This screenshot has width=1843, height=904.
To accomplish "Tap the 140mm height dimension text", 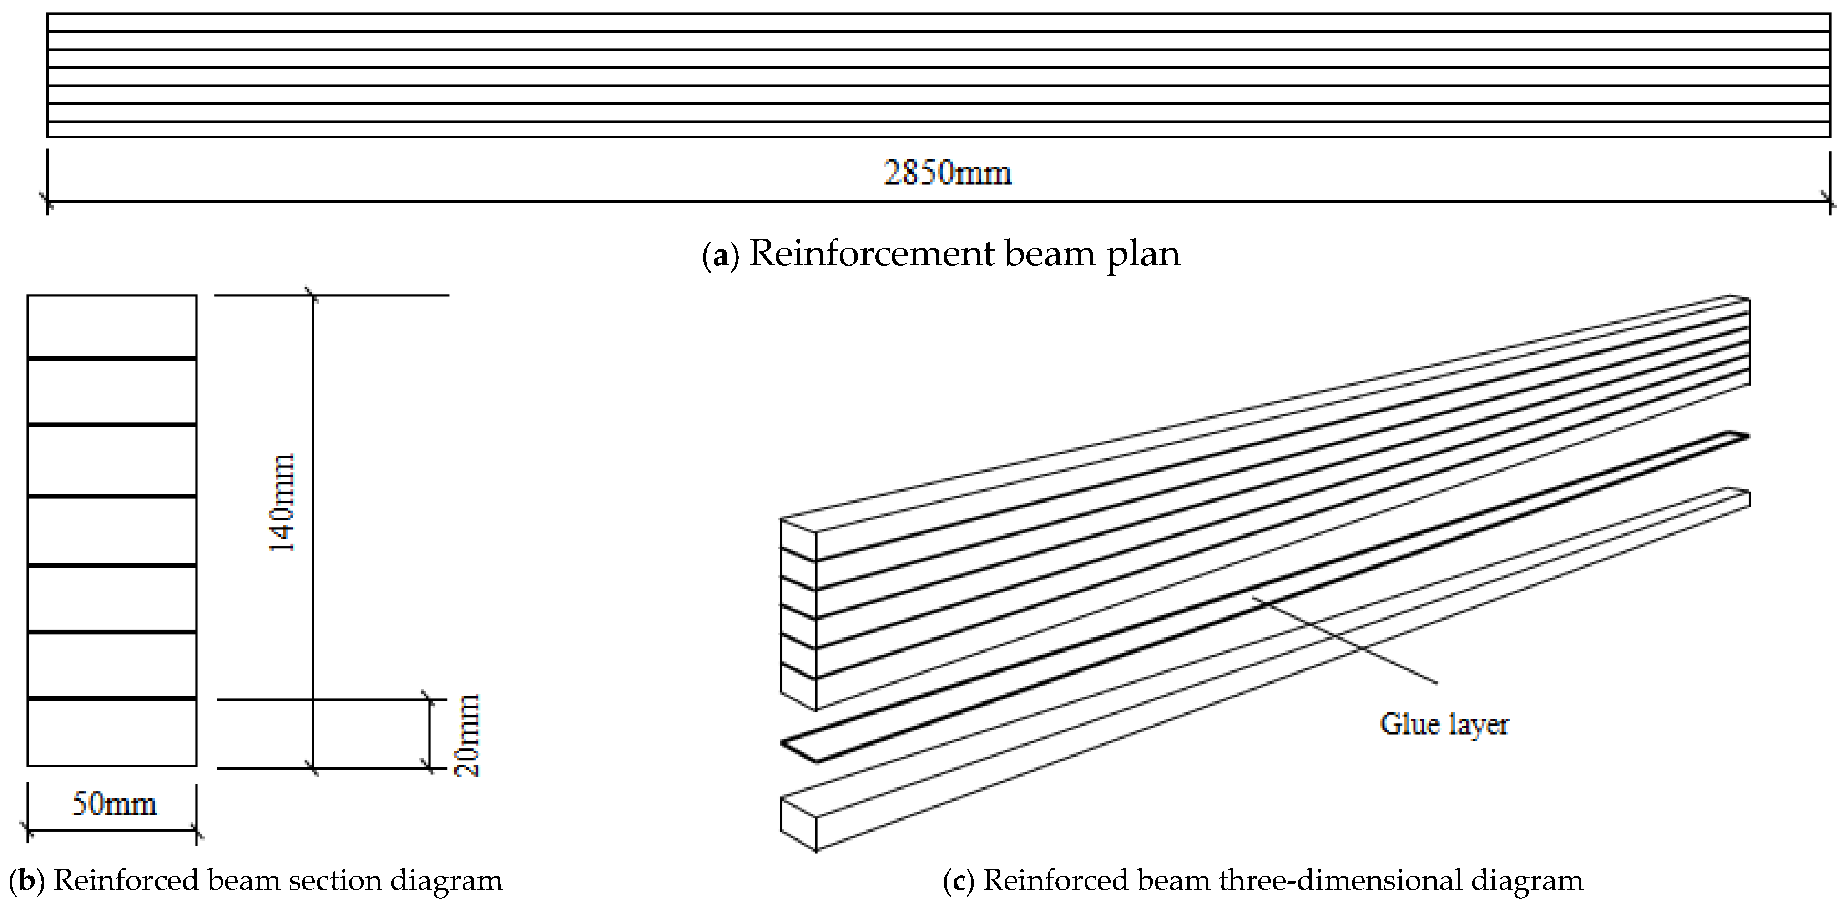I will click(281, 503).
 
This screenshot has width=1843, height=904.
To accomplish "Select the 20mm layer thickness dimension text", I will click(467, 735).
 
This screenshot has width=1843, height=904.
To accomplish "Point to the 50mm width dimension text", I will click(114, 804).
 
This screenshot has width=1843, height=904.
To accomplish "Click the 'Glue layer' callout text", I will click(1444, 724).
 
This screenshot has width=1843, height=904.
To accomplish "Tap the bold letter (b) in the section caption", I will click(26, 880).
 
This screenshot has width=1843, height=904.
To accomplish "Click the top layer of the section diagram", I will click(111, 326).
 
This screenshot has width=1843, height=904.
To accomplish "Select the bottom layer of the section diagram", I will click(111, 732).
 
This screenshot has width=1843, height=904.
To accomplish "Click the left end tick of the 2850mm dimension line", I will click(47, 201).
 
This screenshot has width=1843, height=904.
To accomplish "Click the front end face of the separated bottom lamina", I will click(798, 823).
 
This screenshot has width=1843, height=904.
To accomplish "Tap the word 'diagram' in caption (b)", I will click(446, 880).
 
